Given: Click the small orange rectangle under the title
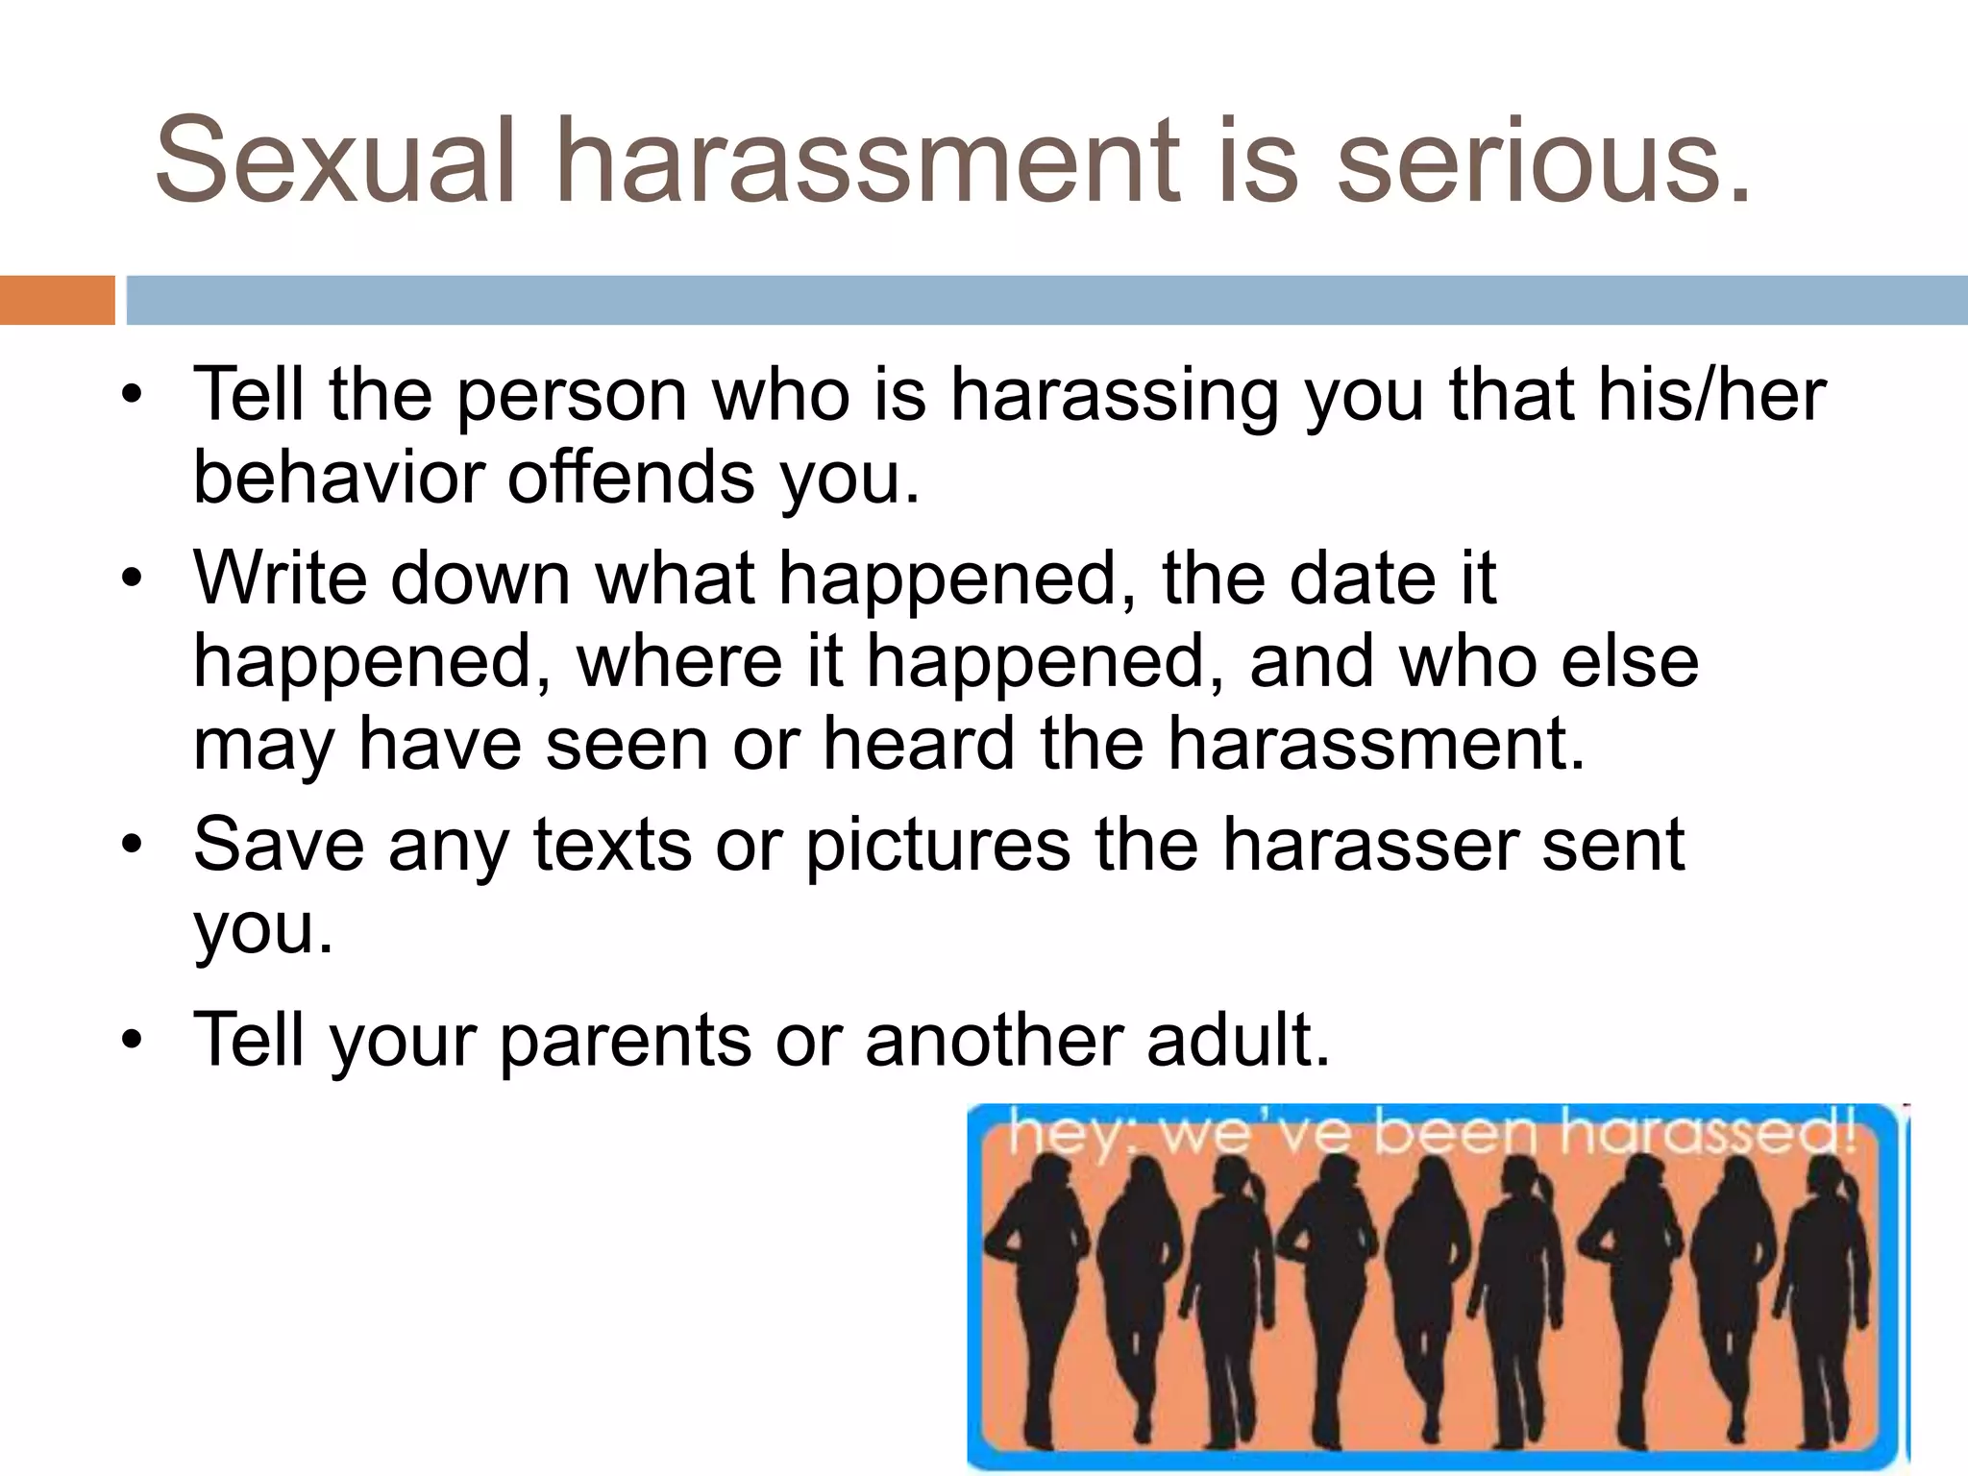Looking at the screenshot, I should point(57,300).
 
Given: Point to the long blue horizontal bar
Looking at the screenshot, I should point(1046,300).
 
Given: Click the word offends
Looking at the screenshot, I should point(630,478).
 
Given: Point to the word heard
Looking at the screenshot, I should point(919,744).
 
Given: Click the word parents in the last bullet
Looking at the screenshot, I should point(625,1041).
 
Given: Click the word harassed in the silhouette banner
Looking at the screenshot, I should point(1705,1133).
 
